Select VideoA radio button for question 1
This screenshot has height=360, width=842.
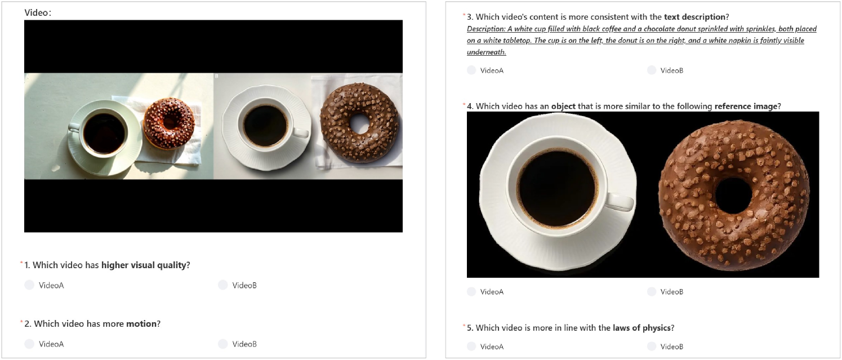pyautogui.click(x=29, y=285)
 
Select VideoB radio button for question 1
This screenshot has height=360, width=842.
pyautogui.click(x=223, y=285)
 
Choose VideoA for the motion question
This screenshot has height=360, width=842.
pyautogui.click(x=29, y=344)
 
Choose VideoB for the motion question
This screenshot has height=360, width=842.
pyautogui.click(x=223, y=344)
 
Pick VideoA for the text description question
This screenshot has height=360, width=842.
pyautogui.click(x=471, y=70)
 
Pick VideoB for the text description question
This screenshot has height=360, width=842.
pyautogui.click(x=652, y=70)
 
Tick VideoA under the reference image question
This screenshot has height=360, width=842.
pyautogui.click(x=471, y=291)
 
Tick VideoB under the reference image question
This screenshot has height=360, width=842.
pyautogui.click(x=652, y=291)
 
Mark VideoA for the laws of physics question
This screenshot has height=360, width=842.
pyautogui.click(x=471, y=346)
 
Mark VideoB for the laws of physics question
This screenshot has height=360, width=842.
pyautogui.click(x=652, y=346)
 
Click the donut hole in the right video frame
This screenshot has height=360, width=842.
pyautogui.click(x=359, y=123)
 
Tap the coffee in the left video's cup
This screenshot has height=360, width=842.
pyautogui.click(x=104, y=133)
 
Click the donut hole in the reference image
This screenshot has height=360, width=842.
pyautogui.click(x=733, y=195)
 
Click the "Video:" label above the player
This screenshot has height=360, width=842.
pyautogui.click(x=38, y=13)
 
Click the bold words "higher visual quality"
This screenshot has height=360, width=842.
pyautogui.click(x=144, y=265)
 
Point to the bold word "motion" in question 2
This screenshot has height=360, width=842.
pyautogui.click(x=141, y=324)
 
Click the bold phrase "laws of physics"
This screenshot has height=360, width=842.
pyautogui.click(x=641, y=328)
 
